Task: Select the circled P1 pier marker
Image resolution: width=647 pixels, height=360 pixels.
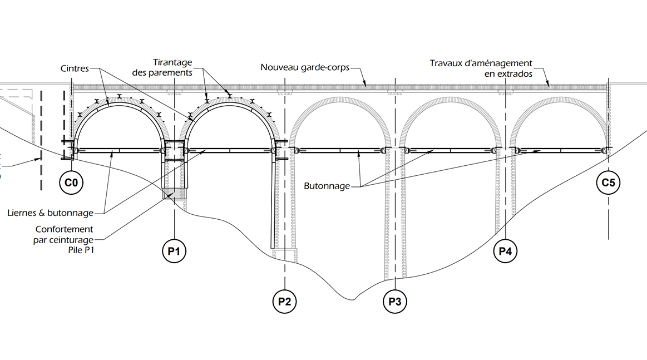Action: (174, 251)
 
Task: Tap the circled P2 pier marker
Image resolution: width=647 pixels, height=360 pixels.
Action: (284, 302)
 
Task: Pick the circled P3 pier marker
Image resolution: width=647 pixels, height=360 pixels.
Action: (394, 302)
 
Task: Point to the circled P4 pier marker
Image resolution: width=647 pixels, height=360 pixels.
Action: (505, 251)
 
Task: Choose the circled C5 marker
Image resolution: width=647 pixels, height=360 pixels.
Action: (608, 182)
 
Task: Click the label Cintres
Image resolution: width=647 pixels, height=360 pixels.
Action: (75, 68)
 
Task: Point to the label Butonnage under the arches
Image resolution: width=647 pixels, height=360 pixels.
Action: (328, 186)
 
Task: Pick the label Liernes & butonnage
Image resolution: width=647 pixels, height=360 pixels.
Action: (51, 212)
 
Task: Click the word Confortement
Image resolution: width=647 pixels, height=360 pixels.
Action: (65, 229)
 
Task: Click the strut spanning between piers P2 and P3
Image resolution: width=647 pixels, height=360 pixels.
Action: (340, 150)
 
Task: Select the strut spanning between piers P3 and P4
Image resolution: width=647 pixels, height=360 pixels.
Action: (451, 150)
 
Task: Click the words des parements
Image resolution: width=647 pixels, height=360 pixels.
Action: (162, 73)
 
